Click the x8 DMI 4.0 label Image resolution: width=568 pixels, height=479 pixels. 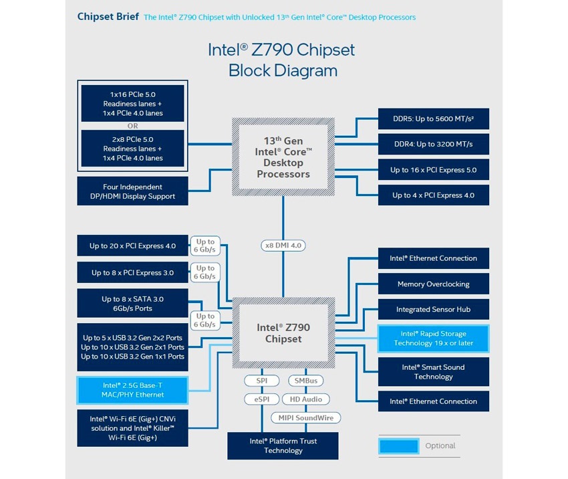coord(283,246)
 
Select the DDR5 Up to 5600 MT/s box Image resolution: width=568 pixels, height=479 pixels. coord(433,119)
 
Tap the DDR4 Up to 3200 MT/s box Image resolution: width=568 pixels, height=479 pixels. coord(433,144)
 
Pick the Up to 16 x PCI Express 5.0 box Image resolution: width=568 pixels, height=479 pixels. coord(433,170)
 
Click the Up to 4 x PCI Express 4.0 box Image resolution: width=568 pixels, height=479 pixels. coord(433,195)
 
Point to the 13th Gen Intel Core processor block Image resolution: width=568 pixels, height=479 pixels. coord(283,157)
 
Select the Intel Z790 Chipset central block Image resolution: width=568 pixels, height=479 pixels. coord(283,333)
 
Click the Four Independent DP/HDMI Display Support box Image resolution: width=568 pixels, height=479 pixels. coord(133,191)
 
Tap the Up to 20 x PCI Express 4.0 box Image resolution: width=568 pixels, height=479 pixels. coord(133,246)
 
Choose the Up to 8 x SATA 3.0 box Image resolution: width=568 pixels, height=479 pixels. coord(133,304)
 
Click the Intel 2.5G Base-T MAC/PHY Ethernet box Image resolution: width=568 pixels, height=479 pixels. coord(133,389)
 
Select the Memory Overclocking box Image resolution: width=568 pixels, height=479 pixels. coord(433,284)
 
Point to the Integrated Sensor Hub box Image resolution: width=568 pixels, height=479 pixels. coord(433,310)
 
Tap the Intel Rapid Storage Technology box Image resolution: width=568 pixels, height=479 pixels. coord(433,339)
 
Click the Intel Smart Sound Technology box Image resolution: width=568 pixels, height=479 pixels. coord(433,372)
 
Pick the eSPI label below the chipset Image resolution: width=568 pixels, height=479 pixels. coord(257,399)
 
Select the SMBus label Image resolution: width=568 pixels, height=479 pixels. coord(306,381)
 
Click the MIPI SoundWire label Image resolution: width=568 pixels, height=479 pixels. coord(306,417)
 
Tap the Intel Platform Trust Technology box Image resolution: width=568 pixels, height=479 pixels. coord(283,446)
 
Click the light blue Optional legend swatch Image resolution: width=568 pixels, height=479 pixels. coord(398,446)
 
